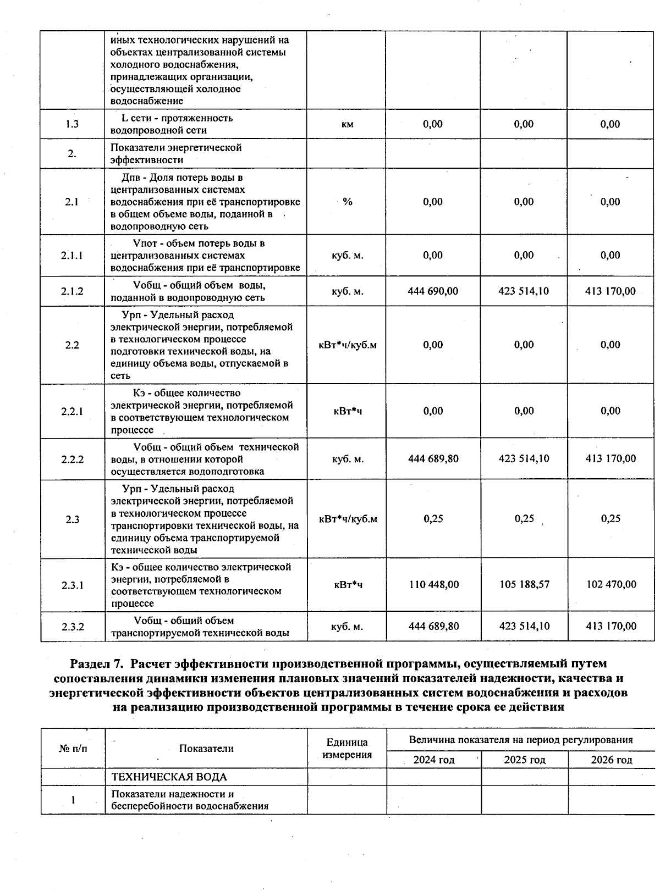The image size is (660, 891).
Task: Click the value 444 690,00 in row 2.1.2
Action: point(433,291)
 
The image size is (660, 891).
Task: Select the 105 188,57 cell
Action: point(524,584)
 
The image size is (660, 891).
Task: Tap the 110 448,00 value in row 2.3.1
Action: point(433,584)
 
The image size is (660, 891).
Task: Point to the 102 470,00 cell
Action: point(611,584)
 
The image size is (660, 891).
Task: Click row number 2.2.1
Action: point(72,411)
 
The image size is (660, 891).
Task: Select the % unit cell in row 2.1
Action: point(347,202)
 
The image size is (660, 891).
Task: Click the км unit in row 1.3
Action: point(347,124)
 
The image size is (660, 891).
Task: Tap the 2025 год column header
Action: point(524,760)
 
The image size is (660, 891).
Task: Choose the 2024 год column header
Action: point(433,760)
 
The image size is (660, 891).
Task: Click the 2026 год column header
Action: point(611,760)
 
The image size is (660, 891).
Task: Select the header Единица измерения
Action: point(346,749)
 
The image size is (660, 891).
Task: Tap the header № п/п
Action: point(73,749)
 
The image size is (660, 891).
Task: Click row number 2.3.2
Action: point(72,627)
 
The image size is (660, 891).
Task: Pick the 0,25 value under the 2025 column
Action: point(524,519)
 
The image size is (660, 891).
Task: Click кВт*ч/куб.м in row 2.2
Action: point(348,345)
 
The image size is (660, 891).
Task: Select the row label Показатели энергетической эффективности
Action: point(176,154)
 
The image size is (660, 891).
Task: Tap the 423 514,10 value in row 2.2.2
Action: point(524,459)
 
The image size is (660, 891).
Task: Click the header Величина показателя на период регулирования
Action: point(520,740)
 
